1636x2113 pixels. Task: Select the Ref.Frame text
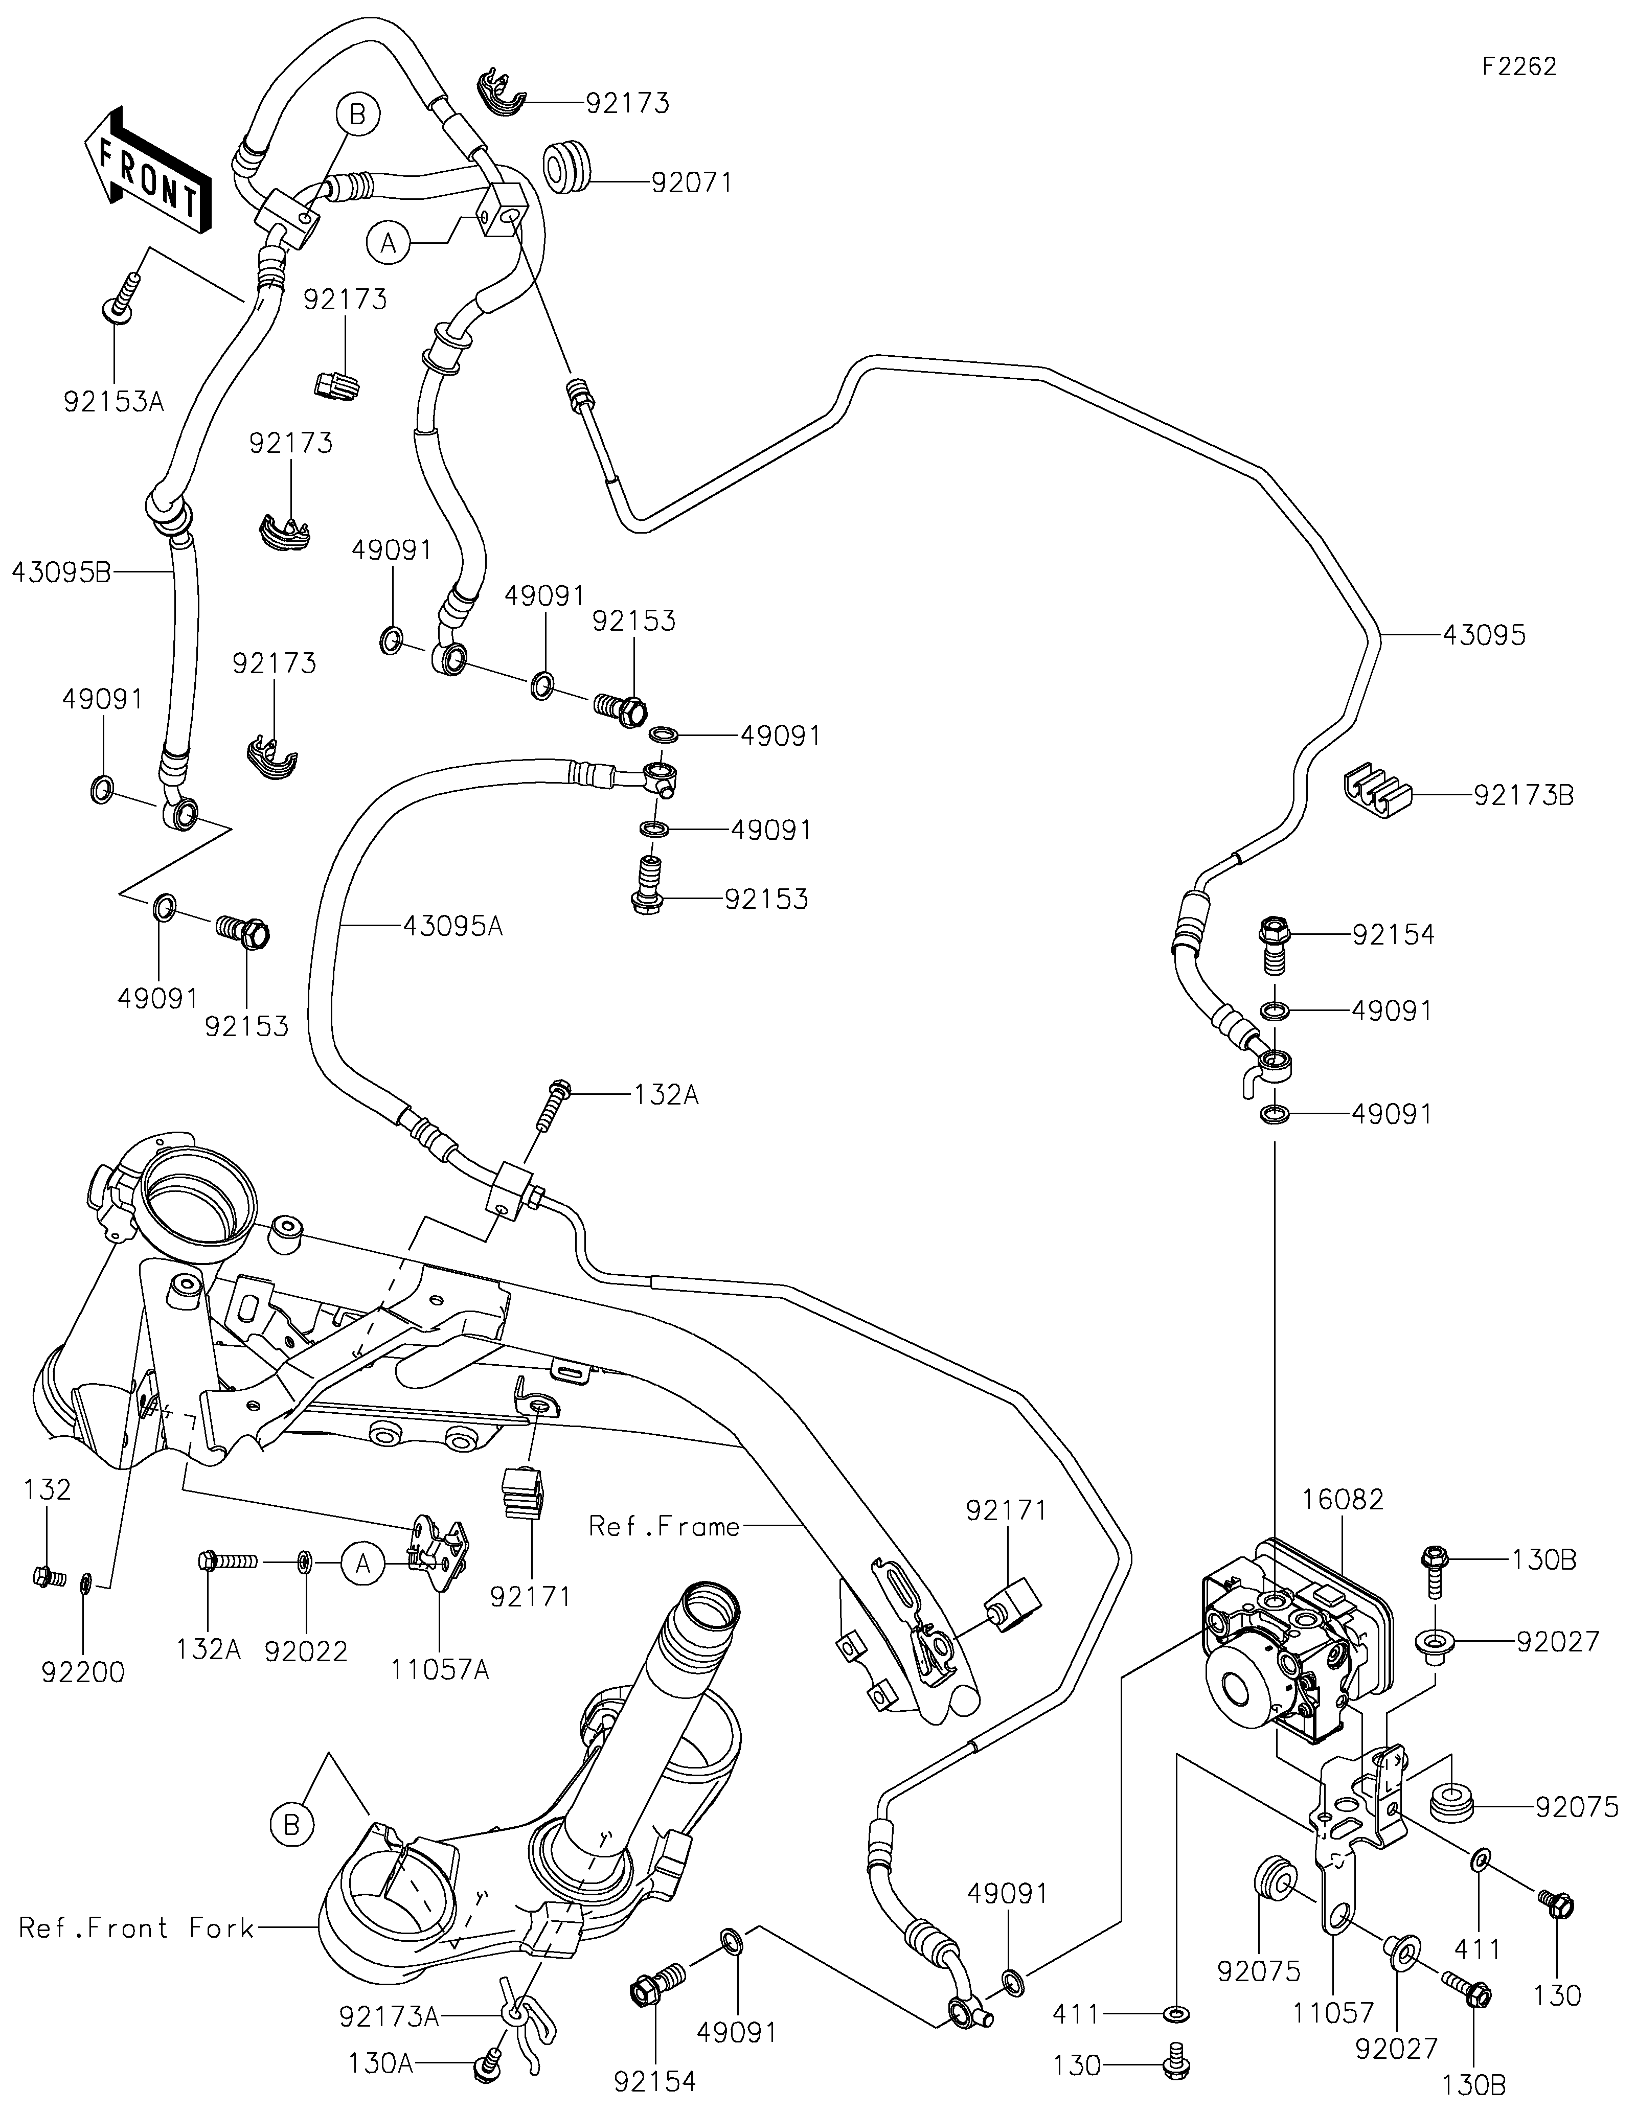(665, 1527)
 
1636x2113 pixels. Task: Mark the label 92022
(307, 1650)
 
